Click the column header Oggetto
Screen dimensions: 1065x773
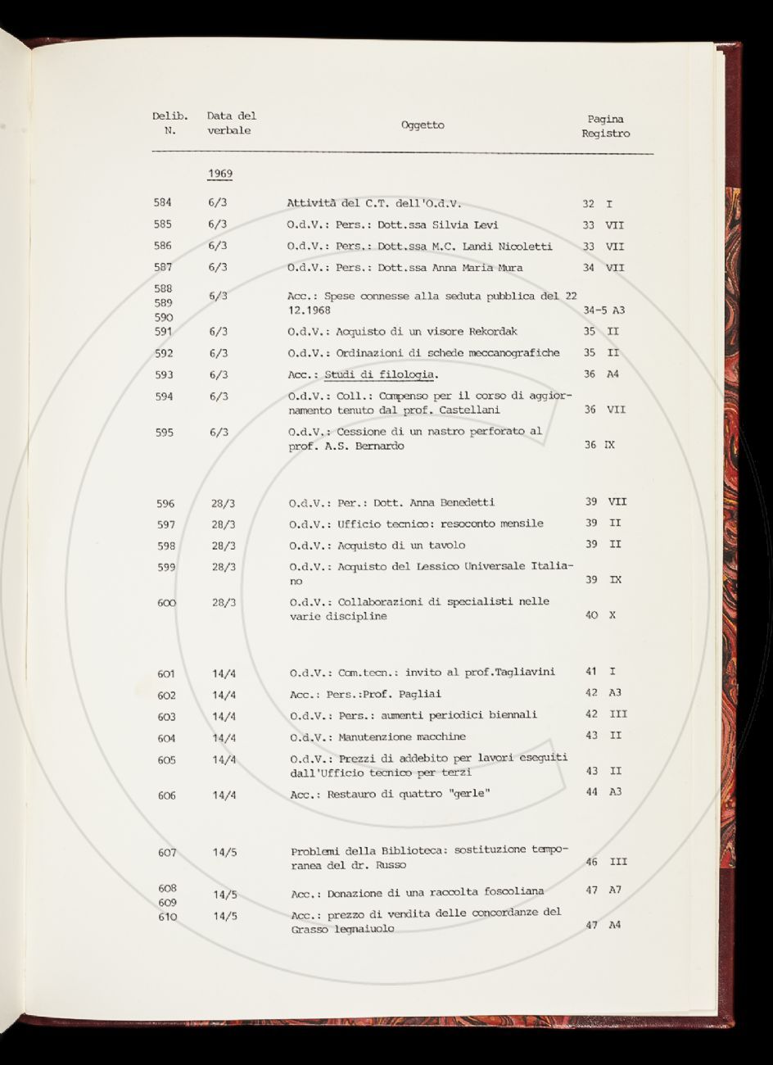pyautogui.click(x=423, y=125)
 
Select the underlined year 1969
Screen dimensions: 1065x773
pyautogui.click(x=219, y=174)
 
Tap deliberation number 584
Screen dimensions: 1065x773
pyautogui.click(x=163, y=202)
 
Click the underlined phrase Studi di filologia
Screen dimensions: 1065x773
pyautogui.click(x=381, y=375)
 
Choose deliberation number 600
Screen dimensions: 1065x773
pyautogui.click(x=167, y=602)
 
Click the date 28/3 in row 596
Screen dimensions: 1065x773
pyautogui.click(x=223, y=503)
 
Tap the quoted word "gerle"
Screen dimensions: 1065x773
pyautogui.click(x=465, y=794)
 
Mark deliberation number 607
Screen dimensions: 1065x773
pyautogui.click(x=167, y=852)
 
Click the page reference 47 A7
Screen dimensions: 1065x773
pyautogui.click(x=604, y=890)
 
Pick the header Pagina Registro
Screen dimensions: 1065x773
pyautogui.click(x=606, y=126)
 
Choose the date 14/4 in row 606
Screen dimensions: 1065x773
pyautogui.click(x=224, y=795)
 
